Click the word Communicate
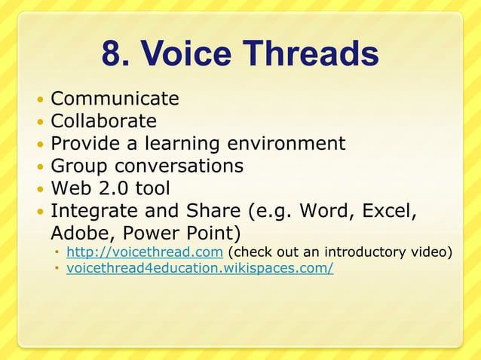pyautogui.click(x=115, y=99)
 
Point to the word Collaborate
pyautogui.click(x=103, y=121)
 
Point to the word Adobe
pyautogui.click(x=79, y=232)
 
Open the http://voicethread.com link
pyautogui.click(x=144, y=252)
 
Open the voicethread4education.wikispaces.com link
pyautogui.click(x=200, y=268)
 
